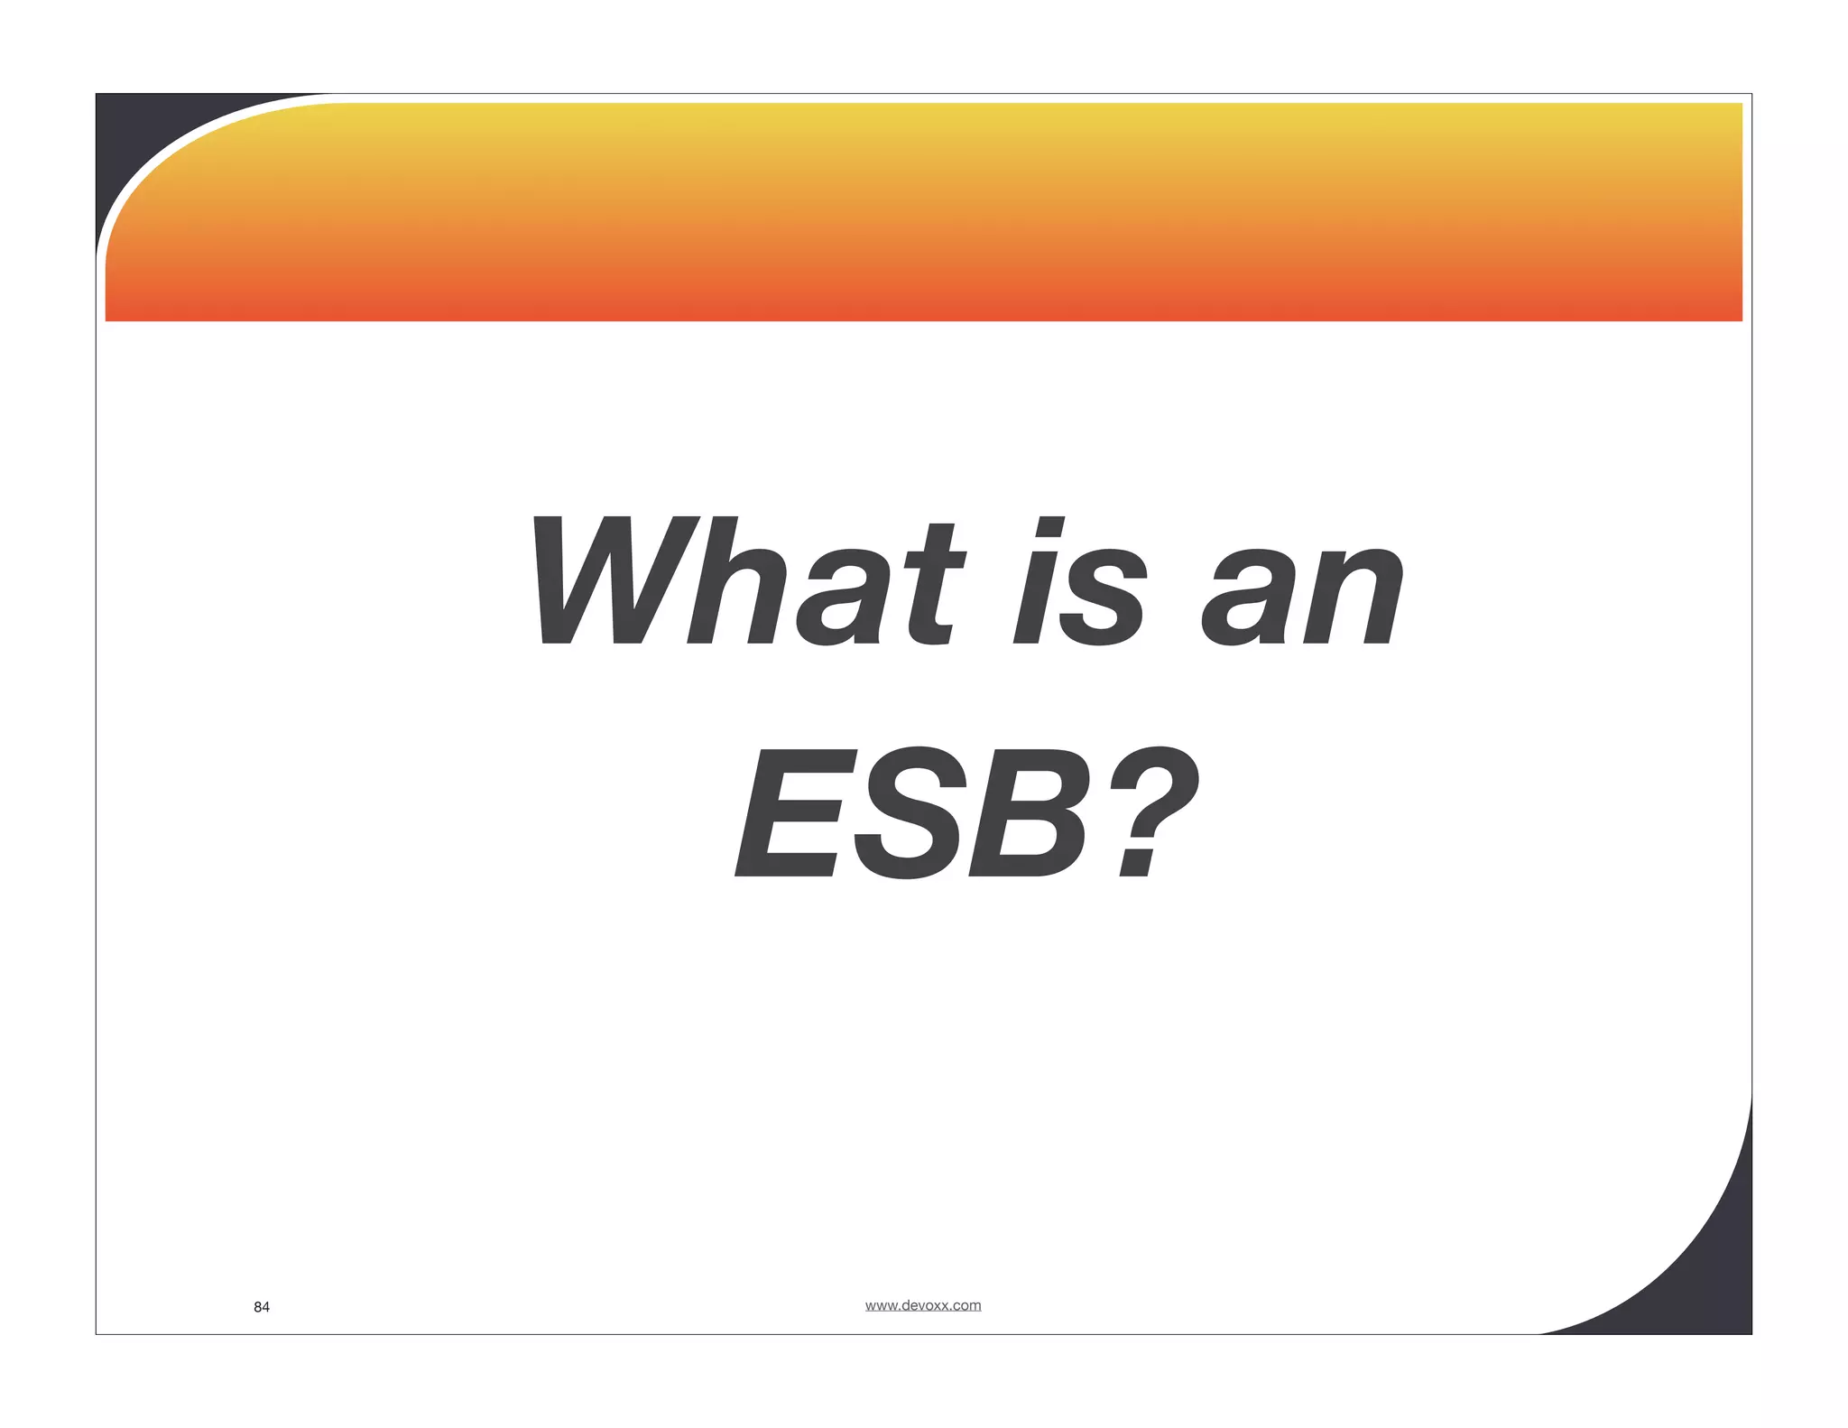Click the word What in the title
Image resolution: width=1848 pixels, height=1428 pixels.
click(749, 582)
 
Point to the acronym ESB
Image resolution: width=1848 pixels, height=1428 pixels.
click(911, 812)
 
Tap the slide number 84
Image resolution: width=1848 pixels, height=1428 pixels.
click(262, 1307)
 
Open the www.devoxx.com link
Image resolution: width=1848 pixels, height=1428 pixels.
click(923, 1305)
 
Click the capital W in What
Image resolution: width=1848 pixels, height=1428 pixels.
click(614, 582)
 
